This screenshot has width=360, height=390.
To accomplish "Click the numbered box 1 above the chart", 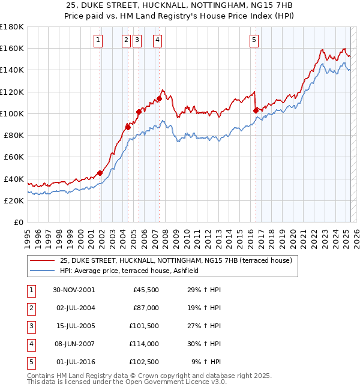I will coord(98,40).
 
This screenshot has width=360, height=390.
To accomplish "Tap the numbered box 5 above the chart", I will coord(254,40).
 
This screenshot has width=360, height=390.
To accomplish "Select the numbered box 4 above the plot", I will coord(157,40).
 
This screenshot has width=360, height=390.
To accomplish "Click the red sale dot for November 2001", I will coord(100,173).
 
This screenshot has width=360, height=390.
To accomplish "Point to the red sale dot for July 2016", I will coord(256,110).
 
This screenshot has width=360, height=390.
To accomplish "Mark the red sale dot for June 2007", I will coord(159,98).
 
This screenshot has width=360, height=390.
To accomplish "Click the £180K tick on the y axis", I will coord(12,27).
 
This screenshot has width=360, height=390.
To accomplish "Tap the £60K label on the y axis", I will coord(13,157).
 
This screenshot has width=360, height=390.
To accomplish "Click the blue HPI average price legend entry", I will coord(133,271).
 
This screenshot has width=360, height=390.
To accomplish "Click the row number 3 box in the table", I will coord(30,326).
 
